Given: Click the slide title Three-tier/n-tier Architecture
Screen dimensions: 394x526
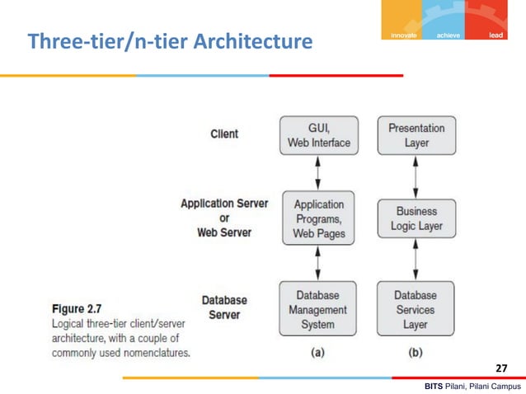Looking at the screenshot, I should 170,40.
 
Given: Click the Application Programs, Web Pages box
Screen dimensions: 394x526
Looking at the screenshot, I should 318,219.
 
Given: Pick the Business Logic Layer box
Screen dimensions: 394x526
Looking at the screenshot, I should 416,219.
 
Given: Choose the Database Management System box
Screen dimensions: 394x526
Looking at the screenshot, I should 318,309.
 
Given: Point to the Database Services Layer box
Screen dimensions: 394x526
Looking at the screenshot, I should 416,309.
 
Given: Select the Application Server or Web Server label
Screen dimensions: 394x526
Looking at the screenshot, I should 224,218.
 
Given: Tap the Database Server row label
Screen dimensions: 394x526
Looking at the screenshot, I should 223,307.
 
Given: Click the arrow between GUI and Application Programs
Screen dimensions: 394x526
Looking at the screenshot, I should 318,173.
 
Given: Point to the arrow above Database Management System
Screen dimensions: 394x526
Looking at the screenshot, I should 318,263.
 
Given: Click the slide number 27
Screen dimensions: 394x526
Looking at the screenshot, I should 502,368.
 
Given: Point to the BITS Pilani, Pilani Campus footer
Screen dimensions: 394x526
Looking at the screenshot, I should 472,386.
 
